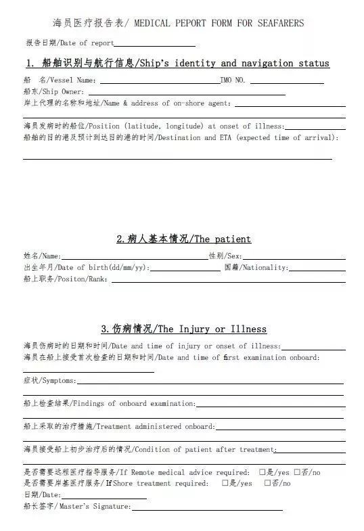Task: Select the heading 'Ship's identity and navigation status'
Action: [233, 64]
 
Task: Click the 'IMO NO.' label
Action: [233, 80]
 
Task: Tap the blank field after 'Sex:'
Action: [294, 256]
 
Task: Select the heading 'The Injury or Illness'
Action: [210, 329]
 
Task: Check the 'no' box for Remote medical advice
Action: [297, 472]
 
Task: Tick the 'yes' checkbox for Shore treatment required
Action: [225, 483]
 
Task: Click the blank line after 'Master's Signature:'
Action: [207, 507]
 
